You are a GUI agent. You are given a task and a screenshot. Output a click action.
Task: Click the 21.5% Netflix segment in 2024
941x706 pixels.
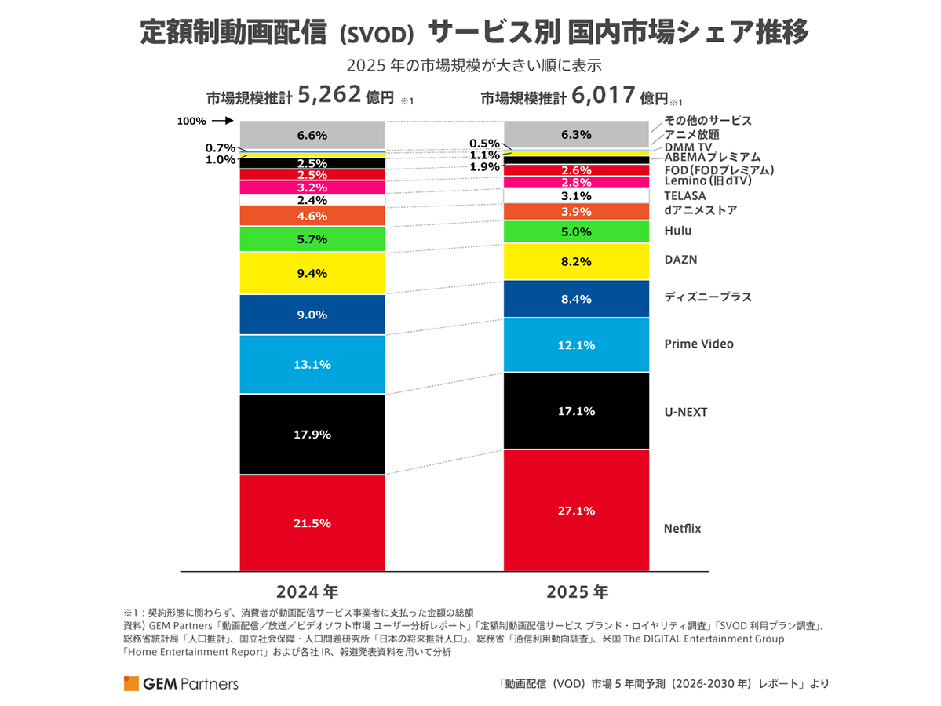click(x=312, y=523)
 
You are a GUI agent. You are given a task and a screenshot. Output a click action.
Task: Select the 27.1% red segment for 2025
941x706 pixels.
click(x=576, y=511)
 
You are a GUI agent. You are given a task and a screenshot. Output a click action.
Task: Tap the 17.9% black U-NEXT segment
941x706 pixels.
click(x=312, y=434)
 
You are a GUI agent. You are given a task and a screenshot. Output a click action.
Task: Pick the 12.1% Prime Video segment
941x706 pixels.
click(x=576, y=345)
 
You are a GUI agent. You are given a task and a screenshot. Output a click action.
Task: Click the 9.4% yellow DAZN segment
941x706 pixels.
click(x=312, y=273)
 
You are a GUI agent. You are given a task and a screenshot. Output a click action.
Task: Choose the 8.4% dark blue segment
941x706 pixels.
click(x=576, y=299)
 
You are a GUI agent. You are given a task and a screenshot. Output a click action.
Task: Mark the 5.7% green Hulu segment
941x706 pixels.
click(x=312, y=238)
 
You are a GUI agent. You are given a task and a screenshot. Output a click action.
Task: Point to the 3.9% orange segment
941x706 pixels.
click(x=576, y=212)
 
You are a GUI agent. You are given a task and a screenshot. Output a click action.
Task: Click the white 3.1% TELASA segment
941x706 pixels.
click(x=576, y=195)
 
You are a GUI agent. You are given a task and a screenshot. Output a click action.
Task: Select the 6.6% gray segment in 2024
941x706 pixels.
click(x=312, y=135)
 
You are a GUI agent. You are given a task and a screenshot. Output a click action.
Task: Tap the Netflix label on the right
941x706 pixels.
click(x=682, y=529)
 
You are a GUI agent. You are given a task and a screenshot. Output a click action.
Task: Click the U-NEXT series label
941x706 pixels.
click(x=685, y=411)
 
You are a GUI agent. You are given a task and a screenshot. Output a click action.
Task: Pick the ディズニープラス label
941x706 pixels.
click(x=707, y=297)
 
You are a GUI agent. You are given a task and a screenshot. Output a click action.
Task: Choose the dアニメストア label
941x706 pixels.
click(x=700, y=210)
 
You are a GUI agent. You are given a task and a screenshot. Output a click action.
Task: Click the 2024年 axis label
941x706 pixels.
click(x=307, y=591)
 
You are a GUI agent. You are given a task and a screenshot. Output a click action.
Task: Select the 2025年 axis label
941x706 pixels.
click(x=576, y=591)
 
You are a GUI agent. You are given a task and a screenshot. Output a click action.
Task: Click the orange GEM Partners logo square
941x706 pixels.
click(x=131, y=683)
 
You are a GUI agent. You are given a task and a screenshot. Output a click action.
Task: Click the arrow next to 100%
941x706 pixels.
click(x=223, y=121)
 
